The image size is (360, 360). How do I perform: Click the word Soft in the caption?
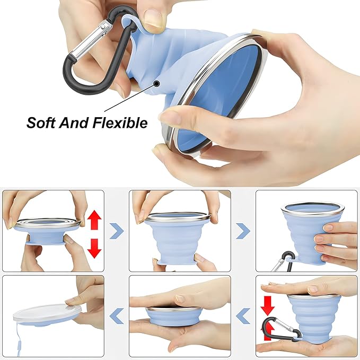[x=41, y=122]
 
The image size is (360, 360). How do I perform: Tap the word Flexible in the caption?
[x=120, y=122]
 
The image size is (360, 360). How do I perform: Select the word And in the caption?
[x=74, y=122]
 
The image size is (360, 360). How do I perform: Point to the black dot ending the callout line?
[x=157, y=84]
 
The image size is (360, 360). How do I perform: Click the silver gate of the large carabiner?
[x=90, y=39]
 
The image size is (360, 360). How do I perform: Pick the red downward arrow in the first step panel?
[x=94, y=248]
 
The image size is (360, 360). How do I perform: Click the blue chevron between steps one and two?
[x=117, y=230]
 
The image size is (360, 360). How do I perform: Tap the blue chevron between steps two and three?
[x=243, y=230]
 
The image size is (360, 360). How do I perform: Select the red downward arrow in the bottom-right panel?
[x=268, y=305]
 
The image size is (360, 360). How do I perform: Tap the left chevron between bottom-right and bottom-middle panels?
[x=243, y=316]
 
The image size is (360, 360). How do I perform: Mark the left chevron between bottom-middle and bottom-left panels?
[x=117, y=316]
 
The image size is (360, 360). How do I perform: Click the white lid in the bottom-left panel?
[x=47, y=313]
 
